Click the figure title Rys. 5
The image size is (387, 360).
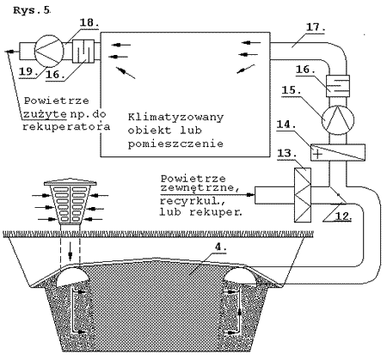32,10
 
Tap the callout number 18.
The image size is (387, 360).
89,22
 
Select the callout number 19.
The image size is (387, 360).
28,71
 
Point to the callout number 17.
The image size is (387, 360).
316,27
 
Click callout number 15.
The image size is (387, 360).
292,90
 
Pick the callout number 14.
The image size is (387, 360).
286,125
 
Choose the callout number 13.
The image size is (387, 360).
287,153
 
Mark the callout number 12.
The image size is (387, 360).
343,216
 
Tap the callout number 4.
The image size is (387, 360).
220,247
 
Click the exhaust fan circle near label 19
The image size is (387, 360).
49,51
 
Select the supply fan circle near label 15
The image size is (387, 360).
338,119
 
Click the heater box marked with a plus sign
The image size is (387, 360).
338,152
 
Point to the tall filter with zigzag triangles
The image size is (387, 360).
303,195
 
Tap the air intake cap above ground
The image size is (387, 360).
71,203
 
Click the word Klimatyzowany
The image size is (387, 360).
175,118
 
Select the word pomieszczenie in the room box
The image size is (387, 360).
175,143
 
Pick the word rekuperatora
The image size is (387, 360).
66,126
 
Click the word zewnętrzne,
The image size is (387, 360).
200,188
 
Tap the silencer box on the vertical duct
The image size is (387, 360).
338,86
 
